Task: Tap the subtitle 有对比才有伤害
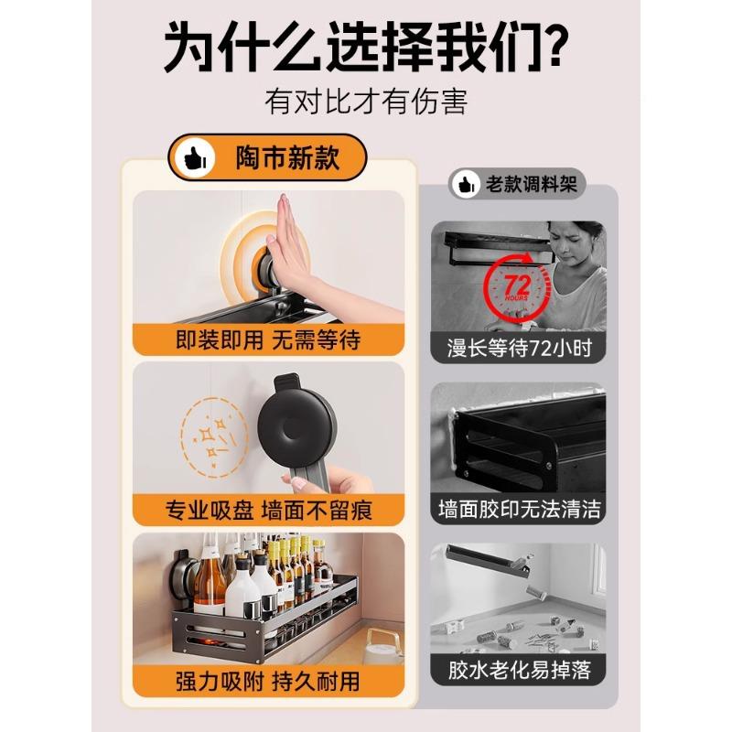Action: [366, 101]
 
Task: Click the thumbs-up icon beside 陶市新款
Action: [194, 158]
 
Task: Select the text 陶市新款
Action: [287, 158]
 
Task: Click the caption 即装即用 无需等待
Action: [268, 340]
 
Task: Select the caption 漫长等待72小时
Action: [518, 348]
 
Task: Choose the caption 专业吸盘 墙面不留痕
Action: [268, 511]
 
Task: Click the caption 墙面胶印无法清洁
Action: [518, 509]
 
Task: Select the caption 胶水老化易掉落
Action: [518, 670]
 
